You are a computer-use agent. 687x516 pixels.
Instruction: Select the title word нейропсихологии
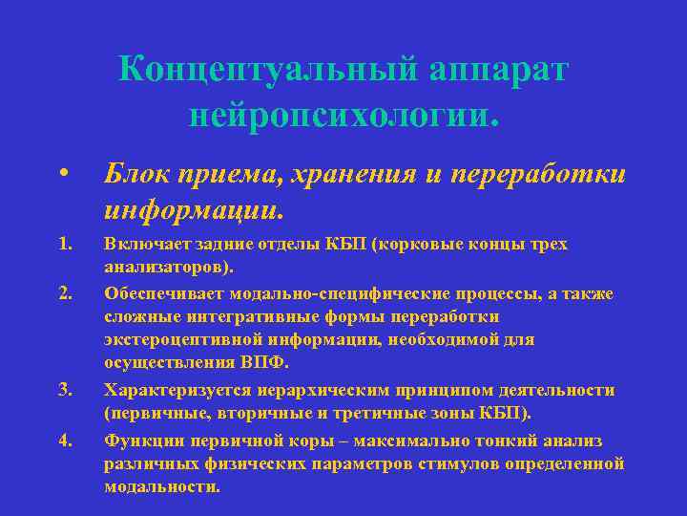tap(343, 117)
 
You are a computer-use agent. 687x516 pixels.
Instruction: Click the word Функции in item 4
tap(141, 441)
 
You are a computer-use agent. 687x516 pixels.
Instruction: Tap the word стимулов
tap(448, 463)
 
